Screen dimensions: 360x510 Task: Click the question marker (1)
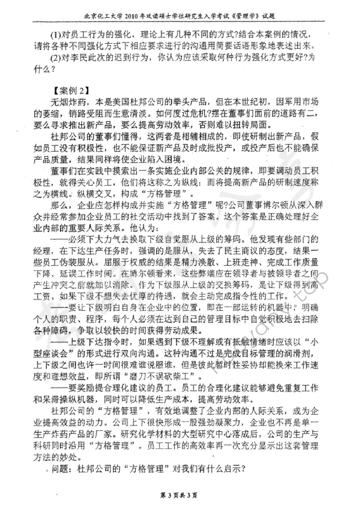point(44,36)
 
